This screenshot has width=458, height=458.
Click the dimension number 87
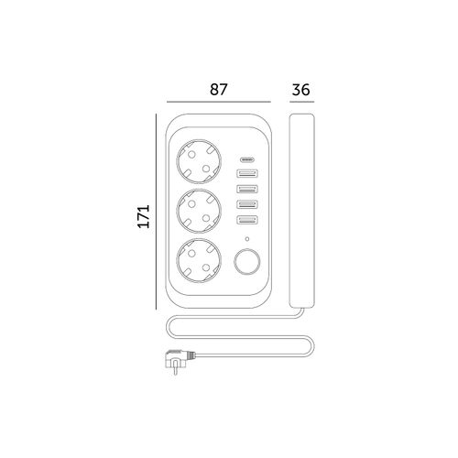[219, 90]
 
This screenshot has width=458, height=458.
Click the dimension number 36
[301, 90]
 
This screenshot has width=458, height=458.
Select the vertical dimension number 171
[144, 216]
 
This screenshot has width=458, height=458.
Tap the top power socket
[199, 161]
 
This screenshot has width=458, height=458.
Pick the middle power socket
[199, 211]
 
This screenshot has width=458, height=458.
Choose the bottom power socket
[199, 260]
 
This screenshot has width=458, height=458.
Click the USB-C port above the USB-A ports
[247, 159]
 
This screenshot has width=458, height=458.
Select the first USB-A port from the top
[247, 174]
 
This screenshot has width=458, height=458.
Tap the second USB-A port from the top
[247, 189]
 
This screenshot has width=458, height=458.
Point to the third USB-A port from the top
[247, 203]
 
